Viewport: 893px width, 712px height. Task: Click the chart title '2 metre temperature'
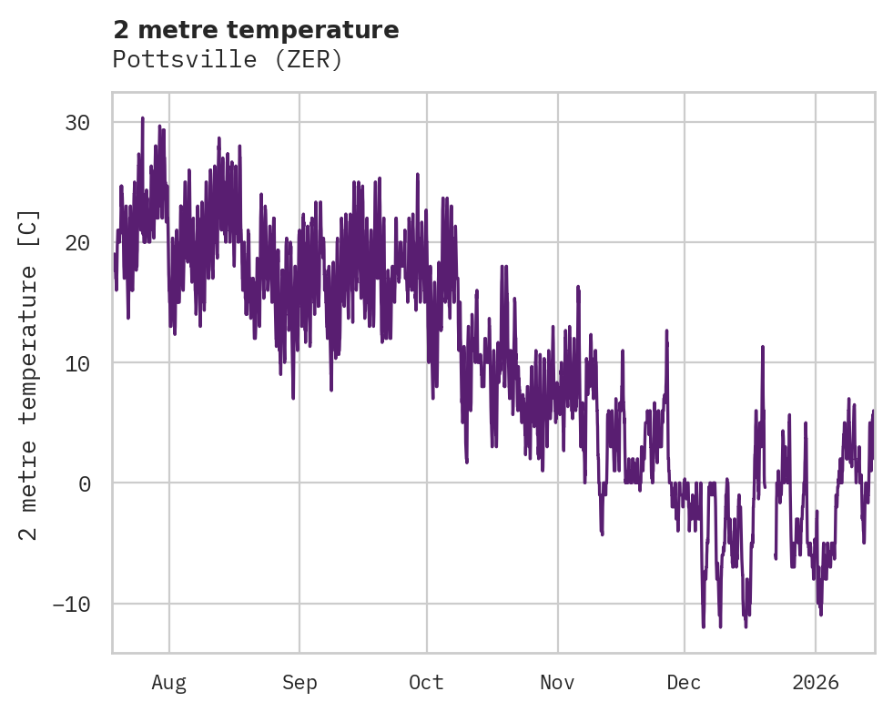[256, 30]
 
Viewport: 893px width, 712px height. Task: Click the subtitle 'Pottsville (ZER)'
[228, 60]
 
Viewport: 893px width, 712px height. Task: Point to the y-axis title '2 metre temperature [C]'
[29, 374]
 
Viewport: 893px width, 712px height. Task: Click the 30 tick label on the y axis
[77, 123]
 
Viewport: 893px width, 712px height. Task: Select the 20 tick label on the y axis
[77, 243]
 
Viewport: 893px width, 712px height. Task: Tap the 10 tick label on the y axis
[77, 363]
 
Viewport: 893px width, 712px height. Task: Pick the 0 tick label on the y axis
[84, 483]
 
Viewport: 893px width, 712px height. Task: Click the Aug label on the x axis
[168, 683]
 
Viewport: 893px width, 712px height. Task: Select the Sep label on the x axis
[299, 683]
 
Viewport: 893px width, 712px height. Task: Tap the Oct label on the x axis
[426, 683]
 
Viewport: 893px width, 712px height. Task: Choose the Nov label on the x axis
[558, 683]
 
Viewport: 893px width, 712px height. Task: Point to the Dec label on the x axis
[684, 683]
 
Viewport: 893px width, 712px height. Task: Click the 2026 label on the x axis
[816, 683]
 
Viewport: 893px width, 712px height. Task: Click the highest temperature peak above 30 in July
[143, 118]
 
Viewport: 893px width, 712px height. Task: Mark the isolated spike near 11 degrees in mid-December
[763, 348]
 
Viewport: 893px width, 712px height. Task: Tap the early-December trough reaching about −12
[703, 626]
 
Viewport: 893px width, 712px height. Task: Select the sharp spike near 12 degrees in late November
[666, 331]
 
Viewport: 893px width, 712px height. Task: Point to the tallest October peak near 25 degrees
[417, 175]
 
